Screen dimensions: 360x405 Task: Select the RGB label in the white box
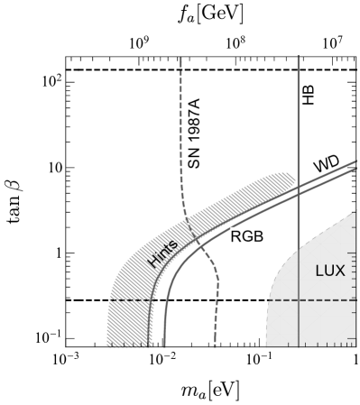click(x=246, y=236)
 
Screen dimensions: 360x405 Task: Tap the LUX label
click(x=330, y=271)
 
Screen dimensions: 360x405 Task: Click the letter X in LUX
click(x=340, y=271)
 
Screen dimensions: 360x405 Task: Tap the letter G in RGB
click(x=246, y=236)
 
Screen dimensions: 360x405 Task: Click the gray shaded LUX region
click(x=307, y=316)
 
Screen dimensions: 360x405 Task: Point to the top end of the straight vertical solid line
click(x=298, y=56)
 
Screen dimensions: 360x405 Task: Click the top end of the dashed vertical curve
click(x=181, y=58)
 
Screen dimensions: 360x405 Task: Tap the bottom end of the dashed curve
click(x=216, y=345)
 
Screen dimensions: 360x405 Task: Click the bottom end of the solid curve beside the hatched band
click(x=164, y=345)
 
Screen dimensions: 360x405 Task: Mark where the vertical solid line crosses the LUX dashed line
click(x=298, y=299)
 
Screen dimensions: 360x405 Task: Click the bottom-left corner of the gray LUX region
click(x=267, y=345)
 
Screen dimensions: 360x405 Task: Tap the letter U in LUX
click(x=330, y=271)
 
